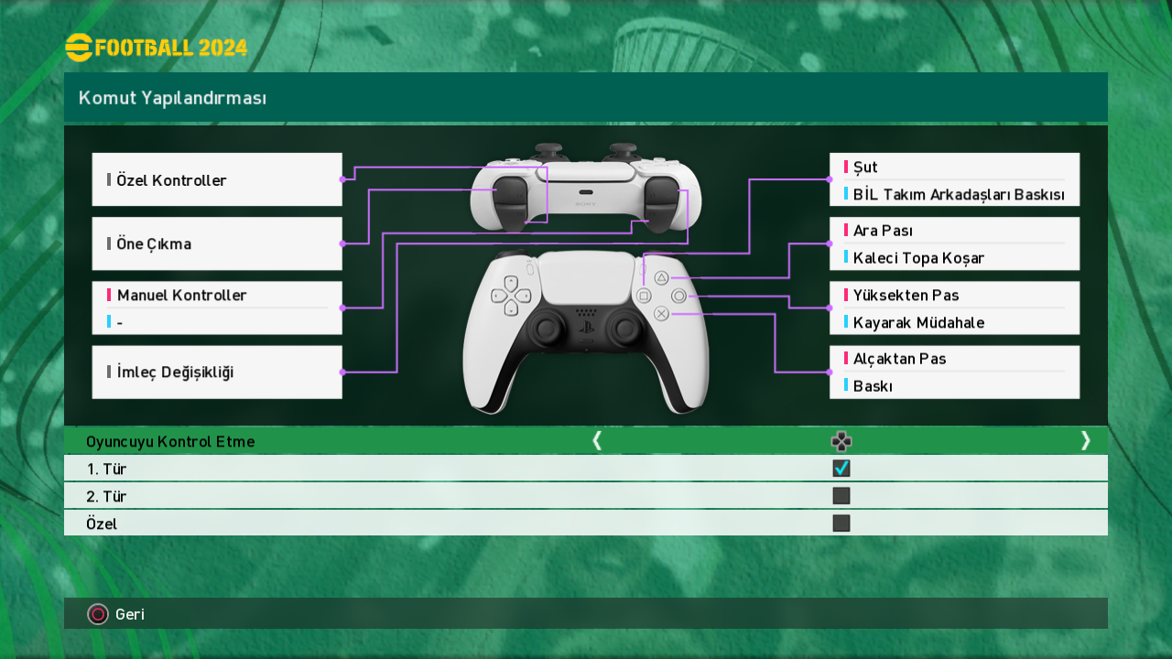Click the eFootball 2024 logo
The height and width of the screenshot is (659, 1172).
pyautogui.click(x=156, y=47)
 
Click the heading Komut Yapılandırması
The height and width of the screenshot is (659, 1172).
pyautogui.click(x=172, y=98)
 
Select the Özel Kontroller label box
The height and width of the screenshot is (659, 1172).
pyautogui.click(x=217, y=179)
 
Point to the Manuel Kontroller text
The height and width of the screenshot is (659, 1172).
pyautogui.click(x=181, y=296)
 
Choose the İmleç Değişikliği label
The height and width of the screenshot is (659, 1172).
pyautogui.click(x=175, y=373)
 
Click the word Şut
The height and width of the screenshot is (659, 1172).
pyautogui.click(x=865, y=167)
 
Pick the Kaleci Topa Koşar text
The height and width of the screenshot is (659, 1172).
pyautogui.click(x=918, y=258)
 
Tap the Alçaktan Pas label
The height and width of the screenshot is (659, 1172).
pyautogui.click(x=899, y=359)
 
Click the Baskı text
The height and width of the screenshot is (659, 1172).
pyautogui.click(x=873, y=386)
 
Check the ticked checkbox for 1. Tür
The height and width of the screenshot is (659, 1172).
pyautogui.click(x=841, y=469)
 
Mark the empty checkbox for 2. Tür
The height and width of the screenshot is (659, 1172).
pyautogui.click(x=841, y=496)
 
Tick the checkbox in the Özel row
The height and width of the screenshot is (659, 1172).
pyautogui.click(x=841, y=524)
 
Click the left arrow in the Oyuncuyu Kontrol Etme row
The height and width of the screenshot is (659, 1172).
pyautogui.click(x=597, y=441)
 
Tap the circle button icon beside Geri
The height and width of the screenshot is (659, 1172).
pyautogui.click(x=98, y=614)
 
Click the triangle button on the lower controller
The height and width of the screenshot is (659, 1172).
pyautogui.click(x=661, y=277)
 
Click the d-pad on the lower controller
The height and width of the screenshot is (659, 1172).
pyautogui.click(x=511, y=296)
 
